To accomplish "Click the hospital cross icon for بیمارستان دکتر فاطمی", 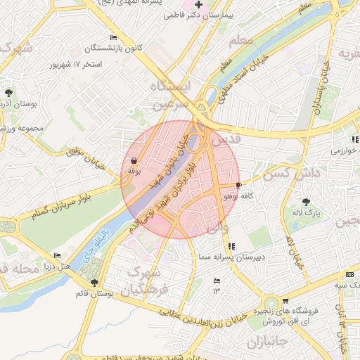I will tap(198, 5).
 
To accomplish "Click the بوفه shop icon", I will tap(134, 161).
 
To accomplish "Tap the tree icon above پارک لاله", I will tap(306, 202).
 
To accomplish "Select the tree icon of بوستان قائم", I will tap(94, 283).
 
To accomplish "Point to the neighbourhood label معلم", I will tap(240, 40).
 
